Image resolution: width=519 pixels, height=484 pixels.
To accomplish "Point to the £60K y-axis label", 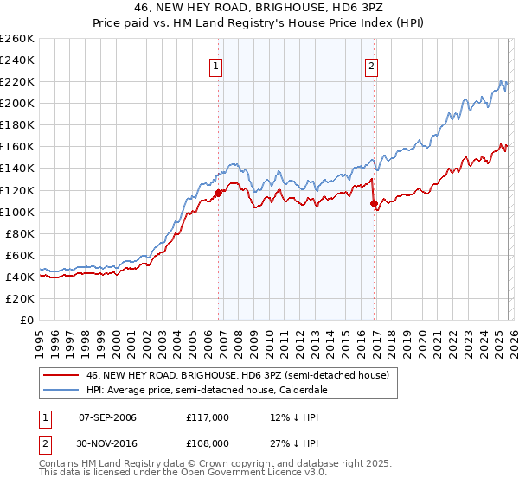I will [x=19, y=255].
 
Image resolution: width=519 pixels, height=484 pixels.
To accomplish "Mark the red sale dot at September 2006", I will [x=218, y=193].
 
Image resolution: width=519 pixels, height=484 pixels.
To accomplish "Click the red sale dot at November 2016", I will [x=375, y=203].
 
